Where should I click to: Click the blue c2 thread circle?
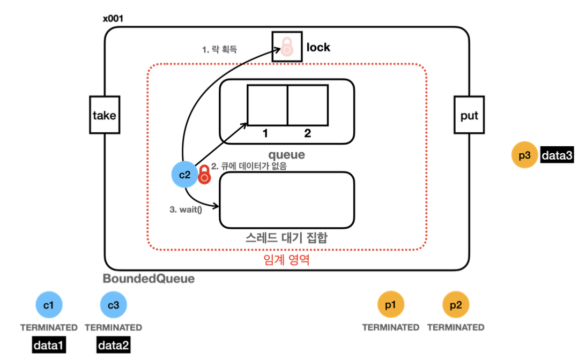(184, 174)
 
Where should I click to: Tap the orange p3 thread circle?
(524, 155)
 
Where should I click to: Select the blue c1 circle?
(49, 305)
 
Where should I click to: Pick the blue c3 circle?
(113, 305)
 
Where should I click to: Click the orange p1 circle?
(391, 305)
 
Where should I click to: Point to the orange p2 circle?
(456, 305)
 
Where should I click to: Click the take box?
(105, 115)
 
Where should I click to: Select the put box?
(469, 115)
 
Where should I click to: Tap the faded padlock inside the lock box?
(287, 47)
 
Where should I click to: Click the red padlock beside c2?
(204, 174)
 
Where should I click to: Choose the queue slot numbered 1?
(267, 106)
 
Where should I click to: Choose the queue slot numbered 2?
(308, 106)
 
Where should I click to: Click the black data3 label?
(557, 155)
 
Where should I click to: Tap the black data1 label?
(49, 345)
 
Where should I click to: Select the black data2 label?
(114, 345)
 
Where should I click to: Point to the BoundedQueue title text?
(149, 279)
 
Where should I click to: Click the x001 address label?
(113, 18)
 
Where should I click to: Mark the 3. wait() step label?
(186, 209)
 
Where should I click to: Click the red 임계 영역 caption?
(286, 260)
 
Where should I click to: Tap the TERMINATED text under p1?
(391, 327)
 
